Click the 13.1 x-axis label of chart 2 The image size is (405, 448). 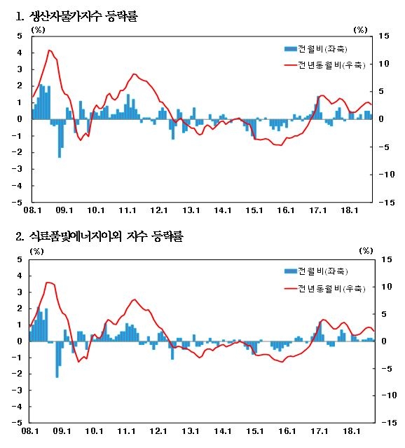(191, 431)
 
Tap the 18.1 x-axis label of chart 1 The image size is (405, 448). (350, 210)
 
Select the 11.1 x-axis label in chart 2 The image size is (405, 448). (127, 431)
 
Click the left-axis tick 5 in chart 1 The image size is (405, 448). (20, 35)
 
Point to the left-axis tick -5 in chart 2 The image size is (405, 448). (18, 423)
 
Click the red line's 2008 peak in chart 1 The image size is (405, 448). (49, 50)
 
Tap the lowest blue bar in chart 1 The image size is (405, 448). (59, 156)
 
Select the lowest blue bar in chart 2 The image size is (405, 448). (57, 376)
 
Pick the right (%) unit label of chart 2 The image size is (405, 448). (366, 250)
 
